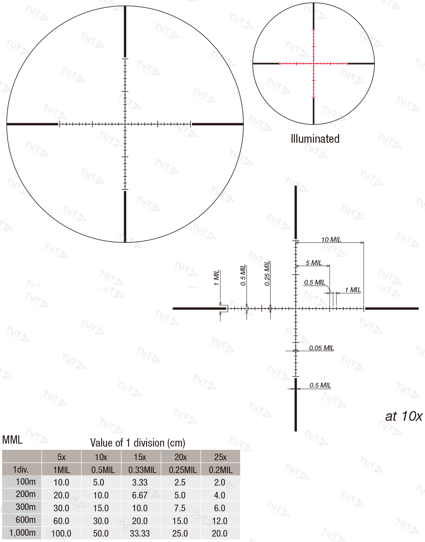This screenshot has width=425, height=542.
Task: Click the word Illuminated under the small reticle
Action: [x=315, y=139]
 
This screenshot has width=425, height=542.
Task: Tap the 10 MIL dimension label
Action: [x=331, y=239]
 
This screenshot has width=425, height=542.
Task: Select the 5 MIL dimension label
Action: [x=314, y=263]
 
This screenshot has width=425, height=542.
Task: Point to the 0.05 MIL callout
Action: [x=321, y=348]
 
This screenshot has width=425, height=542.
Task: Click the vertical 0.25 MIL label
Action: [x=267, y=273]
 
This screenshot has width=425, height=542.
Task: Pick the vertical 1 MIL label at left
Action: [x=216, y=278]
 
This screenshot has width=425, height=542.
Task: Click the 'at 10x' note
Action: [x=403, y=416]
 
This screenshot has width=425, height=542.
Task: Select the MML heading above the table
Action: [x=12, y=440]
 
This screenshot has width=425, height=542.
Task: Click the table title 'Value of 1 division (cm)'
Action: [x=138, y=443]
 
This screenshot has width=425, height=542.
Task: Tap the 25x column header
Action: [x=220, y=457]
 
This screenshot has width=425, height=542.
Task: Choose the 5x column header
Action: [x=61, y=457]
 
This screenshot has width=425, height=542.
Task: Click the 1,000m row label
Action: [x=22, y=533]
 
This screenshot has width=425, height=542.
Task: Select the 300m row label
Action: [x=26, y=507]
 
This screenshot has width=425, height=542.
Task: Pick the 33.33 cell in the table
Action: [x=140, y=533]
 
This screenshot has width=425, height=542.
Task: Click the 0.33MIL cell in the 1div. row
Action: [x=142, y=470]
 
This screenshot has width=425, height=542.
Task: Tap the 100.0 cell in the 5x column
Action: [x=61, y=533]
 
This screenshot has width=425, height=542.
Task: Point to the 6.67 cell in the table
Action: [x=140, y=495]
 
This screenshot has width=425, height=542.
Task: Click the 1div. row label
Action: [x=21, y=470]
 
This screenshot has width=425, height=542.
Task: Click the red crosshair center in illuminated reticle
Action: [x=313, y=63]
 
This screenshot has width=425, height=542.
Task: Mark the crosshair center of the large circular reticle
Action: [x=125, y=124]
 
